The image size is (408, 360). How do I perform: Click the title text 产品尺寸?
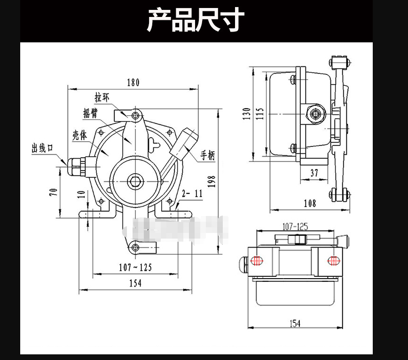pos(196,21)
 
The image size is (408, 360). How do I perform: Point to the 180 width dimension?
pos(133,82)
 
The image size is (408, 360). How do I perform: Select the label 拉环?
pos(102,98)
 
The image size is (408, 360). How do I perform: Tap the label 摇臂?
pos(90,113)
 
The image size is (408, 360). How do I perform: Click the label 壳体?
pos(79,136)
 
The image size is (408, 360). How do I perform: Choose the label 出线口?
pos(42,149)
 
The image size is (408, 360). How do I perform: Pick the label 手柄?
pos(208,155)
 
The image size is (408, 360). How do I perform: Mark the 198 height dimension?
pos(212,182)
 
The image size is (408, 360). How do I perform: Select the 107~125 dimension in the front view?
pos(135,267)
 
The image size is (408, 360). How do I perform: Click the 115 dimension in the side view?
pos(260,113)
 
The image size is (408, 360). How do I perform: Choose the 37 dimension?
pos(314,173)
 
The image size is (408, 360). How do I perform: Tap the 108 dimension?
pos(310,203)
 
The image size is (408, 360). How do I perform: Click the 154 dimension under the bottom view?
pos(294,323)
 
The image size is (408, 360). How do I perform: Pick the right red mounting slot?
pos(333,261)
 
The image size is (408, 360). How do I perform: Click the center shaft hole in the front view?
pos(135,180)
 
